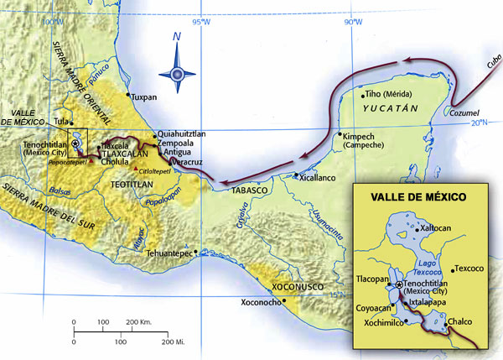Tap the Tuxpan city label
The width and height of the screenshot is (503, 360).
(x=168, y=97)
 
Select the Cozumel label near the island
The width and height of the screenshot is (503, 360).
(x=463, y=112)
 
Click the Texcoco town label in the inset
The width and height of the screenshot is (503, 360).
(x=468, y=269)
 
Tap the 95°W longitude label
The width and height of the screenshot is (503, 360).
(x=200, y=22)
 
